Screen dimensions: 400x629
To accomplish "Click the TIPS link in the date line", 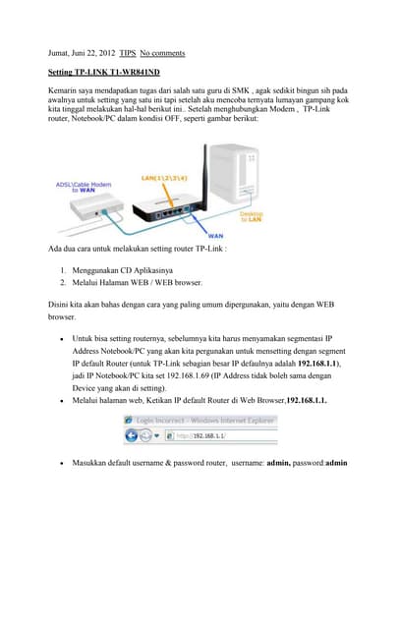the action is coord(128,53).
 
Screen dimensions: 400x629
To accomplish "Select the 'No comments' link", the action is coord(162,53).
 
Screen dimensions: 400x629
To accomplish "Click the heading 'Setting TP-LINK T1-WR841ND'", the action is coord(104,73).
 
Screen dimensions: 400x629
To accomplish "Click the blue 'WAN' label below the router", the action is coord(214,236).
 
